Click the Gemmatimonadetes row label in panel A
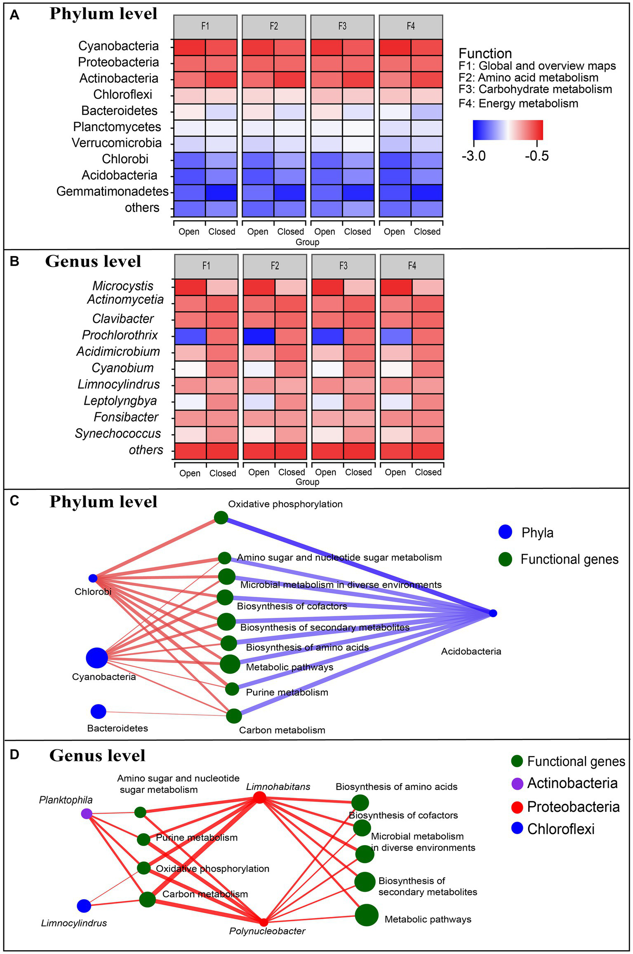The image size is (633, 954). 112,191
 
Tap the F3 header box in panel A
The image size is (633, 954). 342,26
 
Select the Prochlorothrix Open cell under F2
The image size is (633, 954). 259,336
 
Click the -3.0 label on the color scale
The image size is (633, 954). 473,156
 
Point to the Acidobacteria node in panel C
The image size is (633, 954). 493,613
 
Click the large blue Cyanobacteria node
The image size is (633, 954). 97,658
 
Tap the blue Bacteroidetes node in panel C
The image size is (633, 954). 99,711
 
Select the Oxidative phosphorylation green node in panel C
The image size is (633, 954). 221,517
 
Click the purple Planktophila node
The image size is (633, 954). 86,813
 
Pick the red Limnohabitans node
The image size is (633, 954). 259,797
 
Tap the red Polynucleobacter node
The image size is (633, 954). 264,922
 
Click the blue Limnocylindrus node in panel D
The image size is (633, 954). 84,906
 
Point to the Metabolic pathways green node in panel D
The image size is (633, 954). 367,915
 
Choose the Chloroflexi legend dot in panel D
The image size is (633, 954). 517,828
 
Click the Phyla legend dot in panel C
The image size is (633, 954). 505,532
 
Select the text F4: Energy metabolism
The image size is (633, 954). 518,103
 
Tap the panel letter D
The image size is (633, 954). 14,754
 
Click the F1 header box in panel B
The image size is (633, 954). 206,266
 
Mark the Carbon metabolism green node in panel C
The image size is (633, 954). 234,716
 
